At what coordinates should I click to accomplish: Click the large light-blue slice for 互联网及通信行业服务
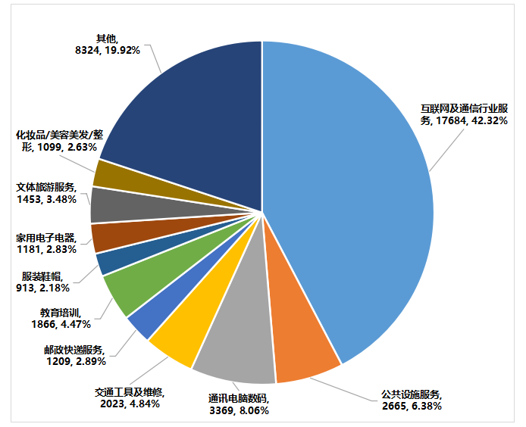tap(356, 197)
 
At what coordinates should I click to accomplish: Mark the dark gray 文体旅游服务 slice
tap(106, 205)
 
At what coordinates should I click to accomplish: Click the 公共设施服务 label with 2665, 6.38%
tap(412, 400)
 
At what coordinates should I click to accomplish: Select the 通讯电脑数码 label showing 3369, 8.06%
tap(239, 404)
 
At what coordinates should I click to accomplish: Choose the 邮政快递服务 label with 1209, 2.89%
tap(75, 357)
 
